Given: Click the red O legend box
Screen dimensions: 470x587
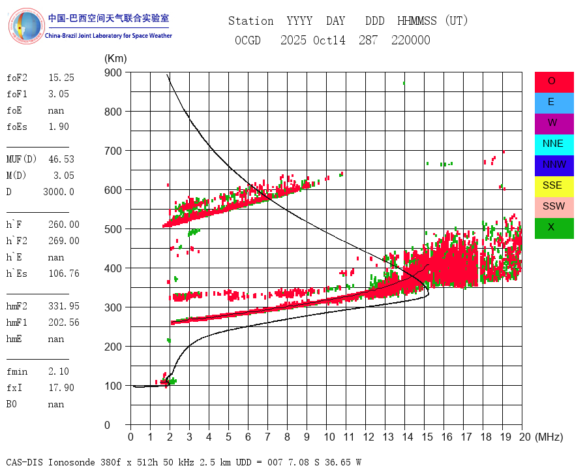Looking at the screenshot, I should click(x=554, y=82).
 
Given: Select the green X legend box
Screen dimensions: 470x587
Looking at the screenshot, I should click(x=554, y=227).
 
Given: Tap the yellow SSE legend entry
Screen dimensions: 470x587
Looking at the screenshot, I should click(x=554, y=185).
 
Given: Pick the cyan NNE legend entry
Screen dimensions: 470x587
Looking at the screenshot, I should click(x=554, y=144).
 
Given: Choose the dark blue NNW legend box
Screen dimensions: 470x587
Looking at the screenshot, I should click(x=554, y=165).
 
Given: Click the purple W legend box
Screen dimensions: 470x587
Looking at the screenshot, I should click(x=554, y=123).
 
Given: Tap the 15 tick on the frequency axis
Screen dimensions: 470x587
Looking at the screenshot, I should click(x=425, y=437).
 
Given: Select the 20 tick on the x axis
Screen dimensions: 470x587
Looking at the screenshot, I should click(x=522, y=437).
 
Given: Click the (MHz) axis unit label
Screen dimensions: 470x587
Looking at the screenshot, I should click(x=549, y=437).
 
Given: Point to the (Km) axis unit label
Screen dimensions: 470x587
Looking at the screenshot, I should click(x=115, y=59).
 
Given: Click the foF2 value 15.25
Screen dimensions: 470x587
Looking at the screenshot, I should click(x=61, y=78).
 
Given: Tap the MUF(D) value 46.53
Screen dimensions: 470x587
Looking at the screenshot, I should click(x=61, y=159).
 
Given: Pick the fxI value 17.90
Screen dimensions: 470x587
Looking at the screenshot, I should click(x=61, y=388).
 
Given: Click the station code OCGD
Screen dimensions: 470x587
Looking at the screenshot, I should click(x=248, y=40).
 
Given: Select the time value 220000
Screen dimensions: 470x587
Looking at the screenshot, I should click(x=411, y=40).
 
